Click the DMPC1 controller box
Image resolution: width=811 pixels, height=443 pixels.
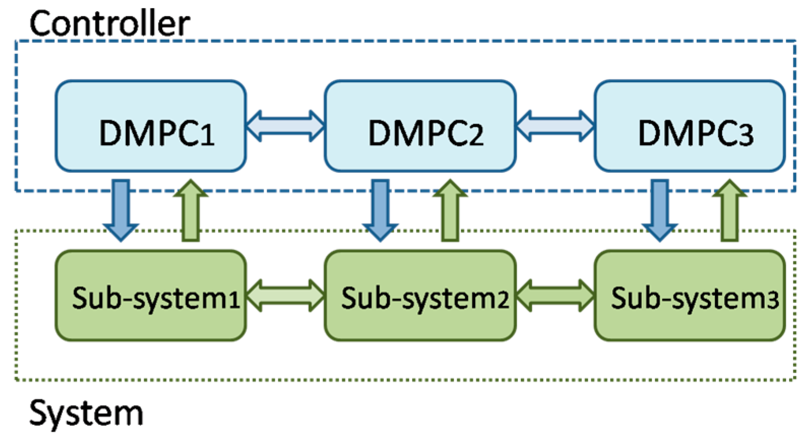tap(151, 126)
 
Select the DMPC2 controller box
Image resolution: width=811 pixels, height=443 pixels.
tap(420, 126)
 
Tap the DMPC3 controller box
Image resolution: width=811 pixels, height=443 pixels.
tap(690, 126)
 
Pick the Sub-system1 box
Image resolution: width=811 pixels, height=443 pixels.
tap(151, 296)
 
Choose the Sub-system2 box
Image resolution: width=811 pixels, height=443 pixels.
tap(420, 296)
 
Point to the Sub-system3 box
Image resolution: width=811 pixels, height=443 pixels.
tap(690, 296)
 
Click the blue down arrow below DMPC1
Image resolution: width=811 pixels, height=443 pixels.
tap(121, 210)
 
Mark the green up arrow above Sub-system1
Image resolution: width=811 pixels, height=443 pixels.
tap(191, 210)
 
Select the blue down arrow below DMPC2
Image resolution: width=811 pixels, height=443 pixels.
tap(380, 210)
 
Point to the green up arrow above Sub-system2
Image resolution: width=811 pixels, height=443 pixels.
tap(450, 210)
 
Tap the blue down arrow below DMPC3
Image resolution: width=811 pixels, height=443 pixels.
tap(660, 210)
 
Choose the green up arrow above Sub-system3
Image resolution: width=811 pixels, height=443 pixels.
tap(730, 210)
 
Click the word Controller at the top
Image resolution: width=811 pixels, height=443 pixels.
tap(110, 23)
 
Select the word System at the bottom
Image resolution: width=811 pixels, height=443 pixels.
tap(86, 414)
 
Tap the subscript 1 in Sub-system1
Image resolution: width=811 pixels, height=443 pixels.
tap(234, 300)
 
